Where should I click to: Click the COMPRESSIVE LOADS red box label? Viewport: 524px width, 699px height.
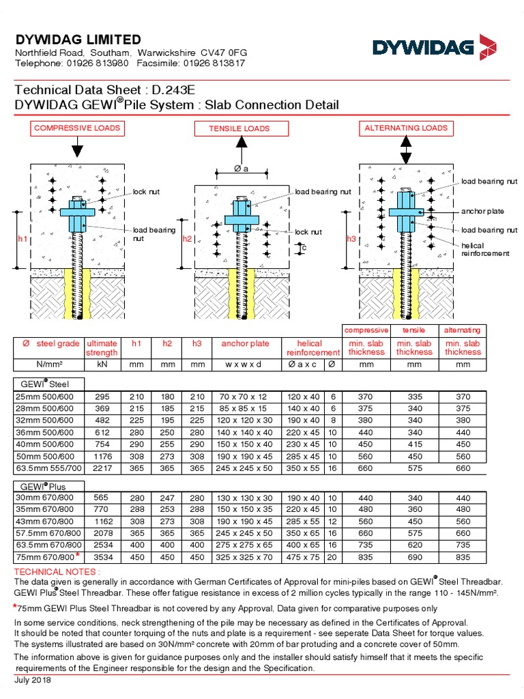coord(76,128)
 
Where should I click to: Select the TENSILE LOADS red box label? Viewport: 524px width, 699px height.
coord(239,128)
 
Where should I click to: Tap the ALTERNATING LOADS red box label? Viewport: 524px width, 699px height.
coord(406,128)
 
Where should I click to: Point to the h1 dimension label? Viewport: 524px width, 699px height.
coord(23,239)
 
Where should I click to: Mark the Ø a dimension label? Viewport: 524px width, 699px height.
coord(241,169)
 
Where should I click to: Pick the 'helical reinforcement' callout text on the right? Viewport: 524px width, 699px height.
coord(485,249)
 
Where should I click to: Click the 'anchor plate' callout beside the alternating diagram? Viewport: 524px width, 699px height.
coord(482,211)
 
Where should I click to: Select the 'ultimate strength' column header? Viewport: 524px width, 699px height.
coord(102,347)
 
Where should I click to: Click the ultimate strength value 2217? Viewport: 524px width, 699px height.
coord(102,468)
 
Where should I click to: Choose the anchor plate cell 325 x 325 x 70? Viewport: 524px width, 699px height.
coord(246,557)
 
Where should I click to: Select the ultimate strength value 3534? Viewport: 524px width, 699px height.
coord(102,557)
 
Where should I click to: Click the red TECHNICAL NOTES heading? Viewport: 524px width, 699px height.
coord(57,571)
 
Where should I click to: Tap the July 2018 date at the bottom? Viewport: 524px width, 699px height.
coord(33,680)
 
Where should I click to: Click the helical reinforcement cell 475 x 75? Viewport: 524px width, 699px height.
coord(304,557)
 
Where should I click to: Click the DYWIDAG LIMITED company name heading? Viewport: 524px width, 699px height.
coord(78,40)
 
